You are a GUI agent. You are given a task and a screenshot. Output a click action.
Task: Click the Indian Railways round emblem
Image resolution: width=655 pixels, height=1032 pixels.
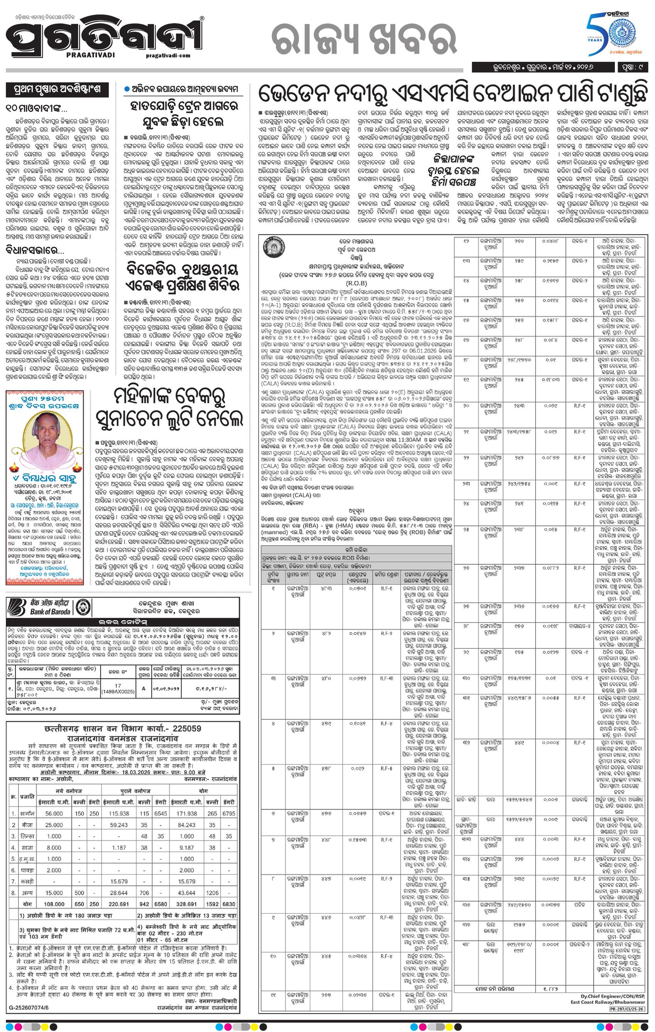[271, 249]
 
